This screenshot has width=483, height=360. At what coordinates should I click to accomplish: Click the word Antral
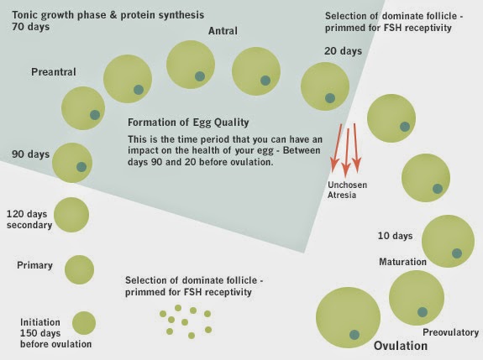coord(223,32)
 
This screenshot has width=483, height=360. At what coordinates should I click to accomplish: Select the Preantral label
coord(54,72)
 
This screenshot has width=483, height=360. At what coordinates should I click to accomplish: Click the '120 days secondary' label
coord(29,219)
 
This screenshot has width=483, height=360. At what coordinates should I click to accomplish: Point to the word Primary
coord(34,266)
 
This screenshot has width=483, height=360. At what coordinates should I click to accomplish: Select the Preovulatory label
coord(449,332)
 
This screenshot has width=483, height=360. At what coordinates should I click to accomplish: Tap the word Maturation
coord(402,262)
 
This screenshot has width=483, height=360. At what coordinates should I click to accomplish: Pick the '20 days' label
coord(343,51)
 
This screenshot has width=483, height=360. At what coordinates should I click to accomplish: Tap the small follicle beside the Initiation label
coord(84,323)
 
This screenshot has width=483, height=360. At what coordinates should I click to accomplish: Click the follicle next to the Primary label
coord(78,269)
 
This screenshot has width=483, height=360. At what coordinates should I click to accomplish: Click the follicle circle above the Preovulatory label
coord(417,298)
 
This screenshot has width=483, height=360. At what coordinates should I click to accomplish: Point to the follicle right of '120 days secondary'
coord(71,216)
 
